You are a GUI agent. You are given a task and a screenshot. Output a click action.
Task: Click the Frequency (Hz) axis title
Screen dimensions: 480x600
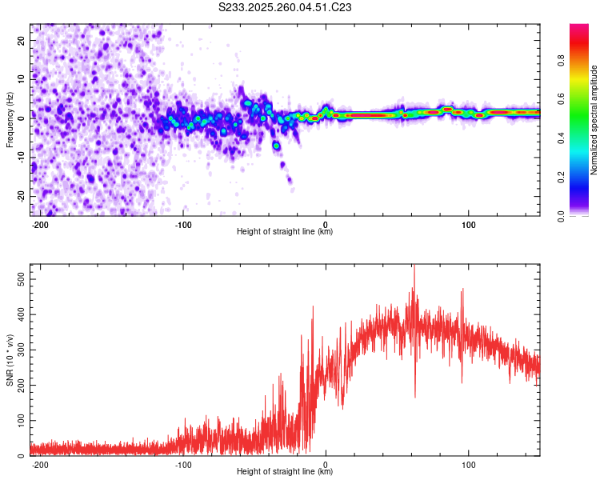[10, 120]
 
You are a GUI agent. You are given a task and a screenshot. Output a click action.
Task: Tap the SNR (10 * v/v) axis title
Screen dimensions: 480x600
[10, 360]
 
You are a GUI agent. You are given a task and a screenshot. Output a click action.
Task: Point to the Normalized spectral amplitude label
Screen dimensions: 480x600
[594, 120]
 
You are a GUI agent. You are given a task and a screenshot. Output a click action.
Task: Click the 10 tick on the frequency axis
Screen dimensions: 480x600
[22, 78]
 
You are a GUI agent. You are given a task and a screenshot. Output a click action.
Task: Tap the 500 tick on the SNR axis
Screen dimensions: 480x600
[18, 277]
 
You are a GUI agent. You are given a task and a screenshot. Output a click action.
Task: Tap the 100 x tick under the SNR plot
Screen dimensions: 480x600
[468, 464]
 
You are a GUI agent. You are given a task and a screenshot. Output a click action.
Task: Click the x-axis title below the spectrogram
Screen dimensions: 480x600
[285, 232]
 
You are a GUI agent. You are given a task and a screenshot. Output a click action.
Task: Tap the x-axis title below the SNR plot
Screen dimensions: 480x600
[285, 472]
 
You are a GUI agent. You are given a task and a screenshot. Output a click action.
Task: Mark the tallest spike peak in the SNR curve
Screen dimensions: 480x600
[414, 267]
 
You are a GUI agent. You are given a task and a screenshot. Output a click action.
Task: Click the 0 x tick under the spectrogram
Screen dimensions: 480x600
[326, 224]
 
